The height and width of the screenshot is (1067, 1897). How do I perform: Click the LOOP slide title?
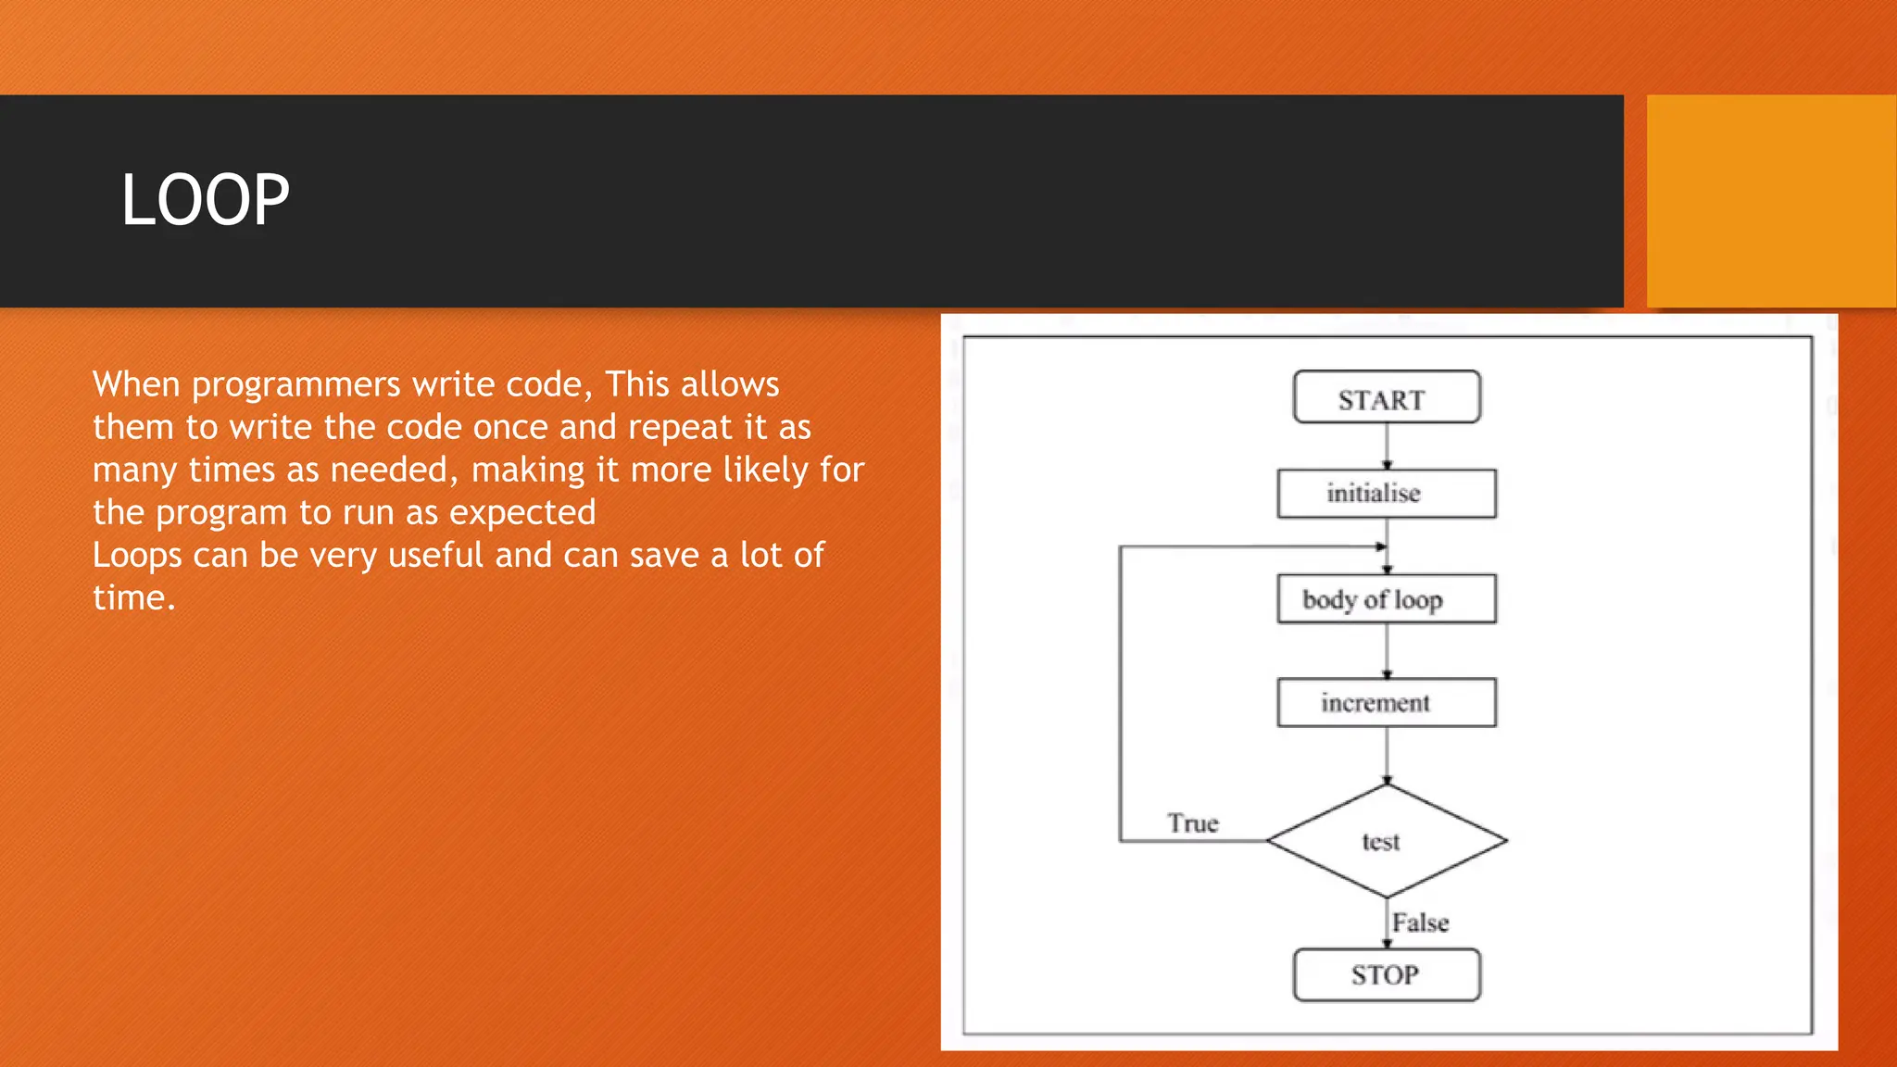[x=205, y=200]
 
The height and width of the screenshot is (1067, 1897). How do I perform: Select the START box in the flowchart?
[x=1386, y=398]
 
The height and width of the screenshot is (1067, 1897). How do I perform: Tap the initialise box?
[x=1386, y=493]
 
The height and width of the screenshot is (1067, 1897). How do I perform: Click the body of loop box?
[x=1386, y=599]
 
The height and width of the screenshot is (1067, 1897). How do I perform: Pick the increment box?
[x=1386, y=703]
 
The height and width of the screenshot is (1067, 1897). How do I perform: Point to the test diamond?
[x=1386, y=841]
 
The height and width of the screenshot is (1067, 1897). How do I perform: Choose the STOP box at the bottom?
[x=1386, y=974]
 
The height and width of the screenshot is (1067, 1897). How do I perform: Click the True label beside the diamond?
[x=1192, y=823]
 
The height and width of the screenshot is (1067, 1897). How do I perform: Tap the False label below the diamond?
[x=1420, y=923]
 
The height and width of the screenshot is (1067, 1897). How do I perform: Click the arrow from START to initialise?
[x=1387, y=446]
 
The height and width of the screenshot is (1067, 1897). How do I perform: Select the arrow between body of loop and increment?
[x=1387, y=650]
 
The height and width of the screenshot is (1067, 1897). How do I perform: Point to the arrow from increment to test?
[x=1387, y=754]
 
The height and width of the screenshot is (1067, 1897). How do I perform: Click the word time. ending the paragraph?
[x=133, y=598]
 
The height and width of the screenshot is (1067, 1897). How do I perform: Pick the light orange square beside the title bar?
[x=1770, y=200]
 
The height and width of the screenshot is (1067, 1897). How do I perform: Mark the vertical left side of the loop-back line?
[x=1120, y=695]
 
